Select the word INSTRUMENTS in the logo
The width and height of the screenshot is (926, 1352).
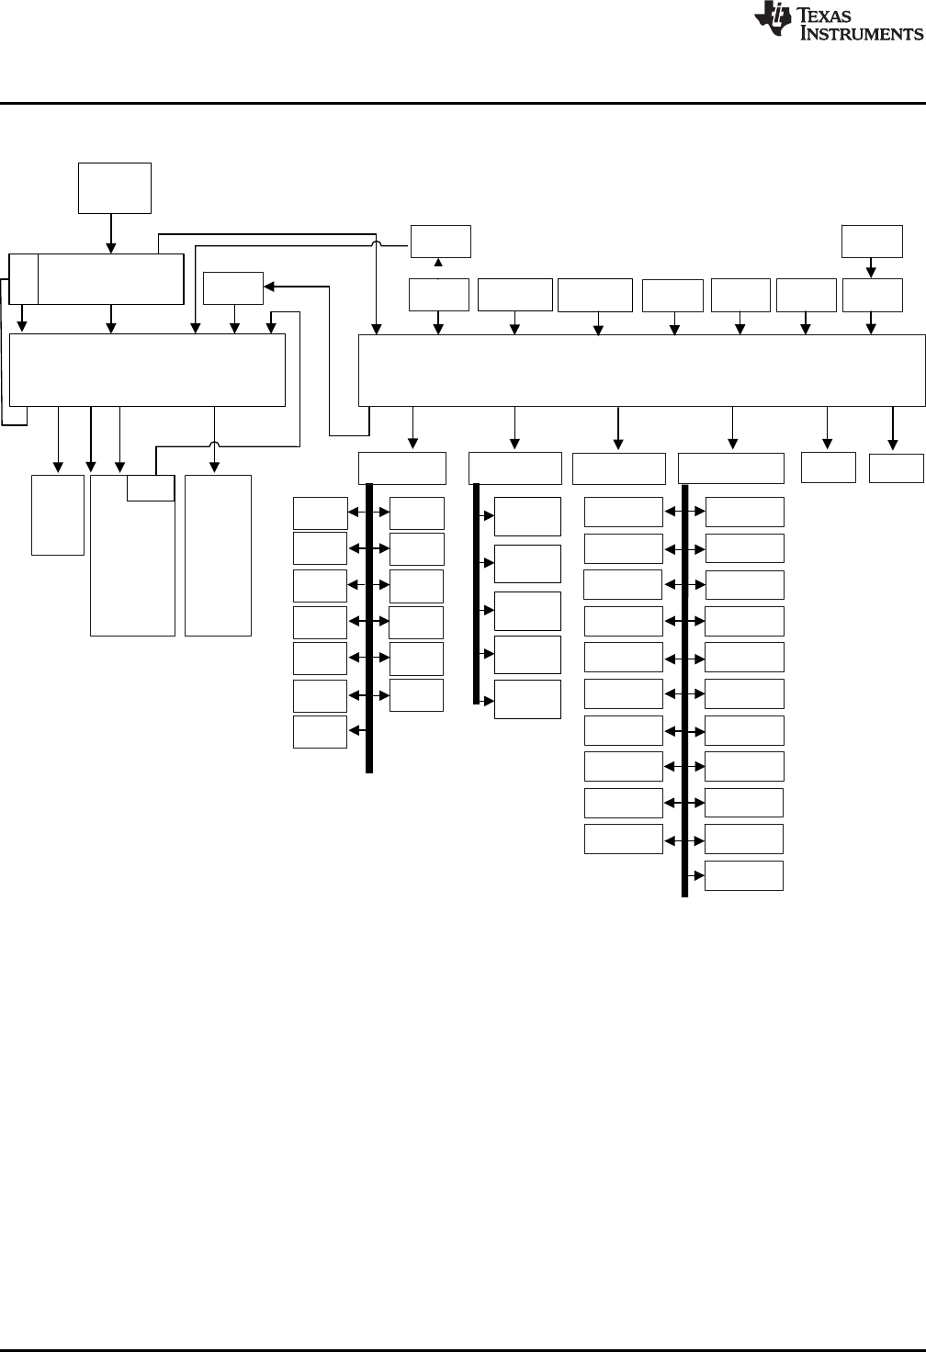(x=861, y=34)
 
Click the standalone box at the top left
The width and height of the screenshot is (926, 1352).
(x=115, y=188)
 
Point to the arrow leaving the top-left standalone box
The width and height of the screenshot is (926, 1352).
(x=111, y=233)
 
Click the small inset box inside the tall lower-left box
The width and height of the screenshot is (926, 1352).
(x=150, y=488)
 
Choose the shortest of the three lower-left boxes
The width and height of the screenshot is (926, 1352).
(x=58, y=514)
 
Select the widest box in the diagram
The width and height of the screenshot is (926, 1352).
(x=641, y=370)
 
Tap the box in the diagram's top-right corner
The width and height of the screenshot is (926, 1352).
(x=873, y=241)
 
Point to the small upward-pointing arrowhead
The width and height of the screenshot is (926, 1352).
(x=438, y=264)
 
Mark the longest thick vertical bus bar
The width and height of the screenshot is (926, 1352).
(x=685, y=689)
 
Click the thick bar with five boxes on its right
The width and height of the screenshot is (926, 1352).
(x=477, y=593)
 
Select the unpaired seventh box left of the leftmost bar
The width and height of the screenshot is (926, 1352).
(x=320, y=732)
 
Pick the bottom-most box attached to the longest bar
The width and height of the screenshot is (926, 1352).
(x=744, y=875)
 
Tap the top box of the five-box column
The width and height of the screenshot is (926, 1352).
(x=527, y=516)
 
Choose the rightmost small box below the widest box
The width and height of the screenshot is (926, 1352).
(x=897, y=467)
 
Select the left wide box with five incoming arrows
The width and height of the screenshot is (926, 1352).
(x=147, y=370)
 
